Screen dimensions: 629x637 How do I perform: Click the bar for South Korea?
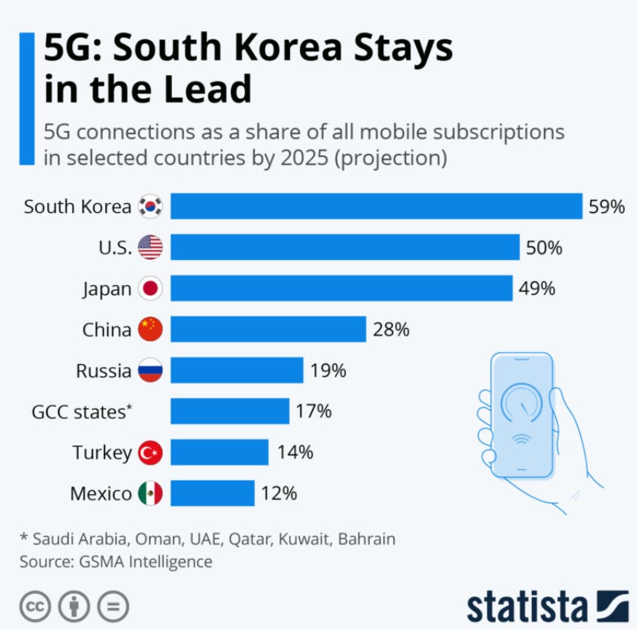(375, 206)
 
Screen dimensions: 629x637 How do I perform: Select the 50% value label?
(544, 247)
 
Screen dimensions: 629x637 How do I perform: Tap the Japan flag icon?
(151, 288)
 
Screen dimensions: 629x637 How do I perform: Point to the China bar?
(268, 329)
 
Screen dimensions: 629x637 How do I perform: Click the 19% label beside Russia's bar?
(328, 371)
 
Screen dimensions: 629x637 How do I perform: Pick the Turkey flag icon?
(151, 452)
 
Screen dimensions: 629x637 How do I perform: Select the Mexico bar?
(212, 493)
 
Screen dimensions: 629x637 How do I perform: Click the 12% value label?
(279, 493)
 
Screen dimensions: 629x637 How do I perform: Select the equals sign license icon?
(113, 606)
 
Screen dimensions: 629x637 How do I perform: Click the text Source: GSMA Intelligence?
(116, 562)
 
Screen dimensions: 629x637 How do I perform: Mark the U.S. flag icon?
(151, 247)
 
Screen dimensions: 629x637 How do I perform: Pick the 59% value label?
(607, 206)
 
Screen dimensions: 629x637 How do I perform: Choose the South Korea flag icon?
(151, 206)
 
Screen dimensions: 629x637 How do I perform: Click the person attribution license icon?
(73, 606)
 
